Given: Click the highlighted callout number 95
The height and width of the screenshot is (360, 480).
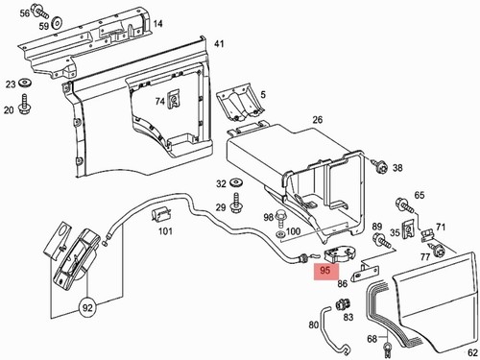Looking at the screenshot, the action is point(324,271).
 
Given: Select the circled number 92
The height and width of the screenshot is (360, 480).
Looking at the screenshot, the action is point(87,308).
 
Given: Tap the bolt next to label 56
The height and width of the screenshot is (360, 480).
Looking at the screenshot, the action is point(40,12).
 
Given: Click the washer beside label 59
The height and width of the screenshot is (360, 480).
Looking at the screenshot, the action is point(57,22).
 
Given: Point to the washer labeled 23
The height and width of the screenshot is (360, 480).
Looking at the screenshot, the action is point(25,83).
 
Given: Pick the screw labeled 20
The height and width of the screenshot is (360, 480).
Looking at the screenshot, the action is point(25,104).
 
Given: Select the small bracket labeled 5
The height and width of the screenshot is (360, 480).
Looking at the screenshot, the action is point(241,103).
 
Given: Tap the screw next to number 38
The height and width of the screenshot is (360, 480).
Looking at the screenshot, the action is point(380,166).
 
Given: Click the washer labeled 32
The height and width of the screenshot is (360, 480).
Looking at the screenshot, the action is point(236,182).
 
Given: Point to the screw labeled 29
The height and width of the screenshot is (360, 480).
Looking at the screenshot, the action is point(236,203).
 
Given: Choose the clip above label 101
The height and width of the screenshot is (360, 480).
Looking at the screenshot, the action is point(161,214).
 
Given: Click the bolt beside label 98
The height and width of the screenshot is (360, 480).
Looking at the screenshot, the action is point(280,217).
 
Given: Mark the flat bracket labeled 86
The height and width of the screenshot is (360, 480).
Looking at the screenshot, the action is point(366,272).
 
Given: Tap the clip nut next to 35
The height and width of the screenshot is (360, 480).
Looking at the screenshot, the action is point(408,228).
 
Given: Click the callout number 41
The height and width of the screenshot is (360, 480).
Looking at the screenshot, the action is point(219,43).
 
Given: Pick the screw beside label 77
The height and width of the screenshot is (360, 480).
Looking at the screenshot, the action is point(437,250).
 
